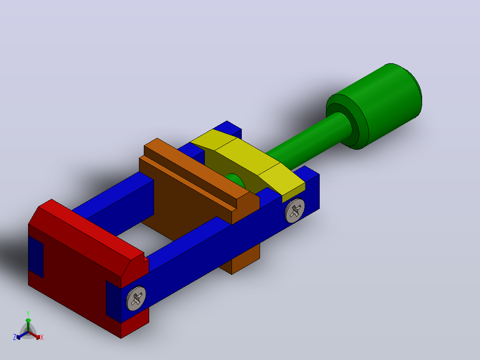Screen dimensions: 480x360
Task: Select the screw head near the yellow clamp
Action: (x=294, y=210)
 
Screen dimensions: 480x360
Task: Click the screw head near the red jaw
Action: (x=136, y=299)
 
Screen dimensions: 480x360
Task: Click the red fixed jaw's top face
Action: (x=92, y=228)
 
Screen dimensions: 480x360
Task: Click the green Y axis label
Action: (x=28, y=313)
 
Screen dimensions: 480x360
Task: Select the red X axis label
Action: (x=42, y=337)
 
